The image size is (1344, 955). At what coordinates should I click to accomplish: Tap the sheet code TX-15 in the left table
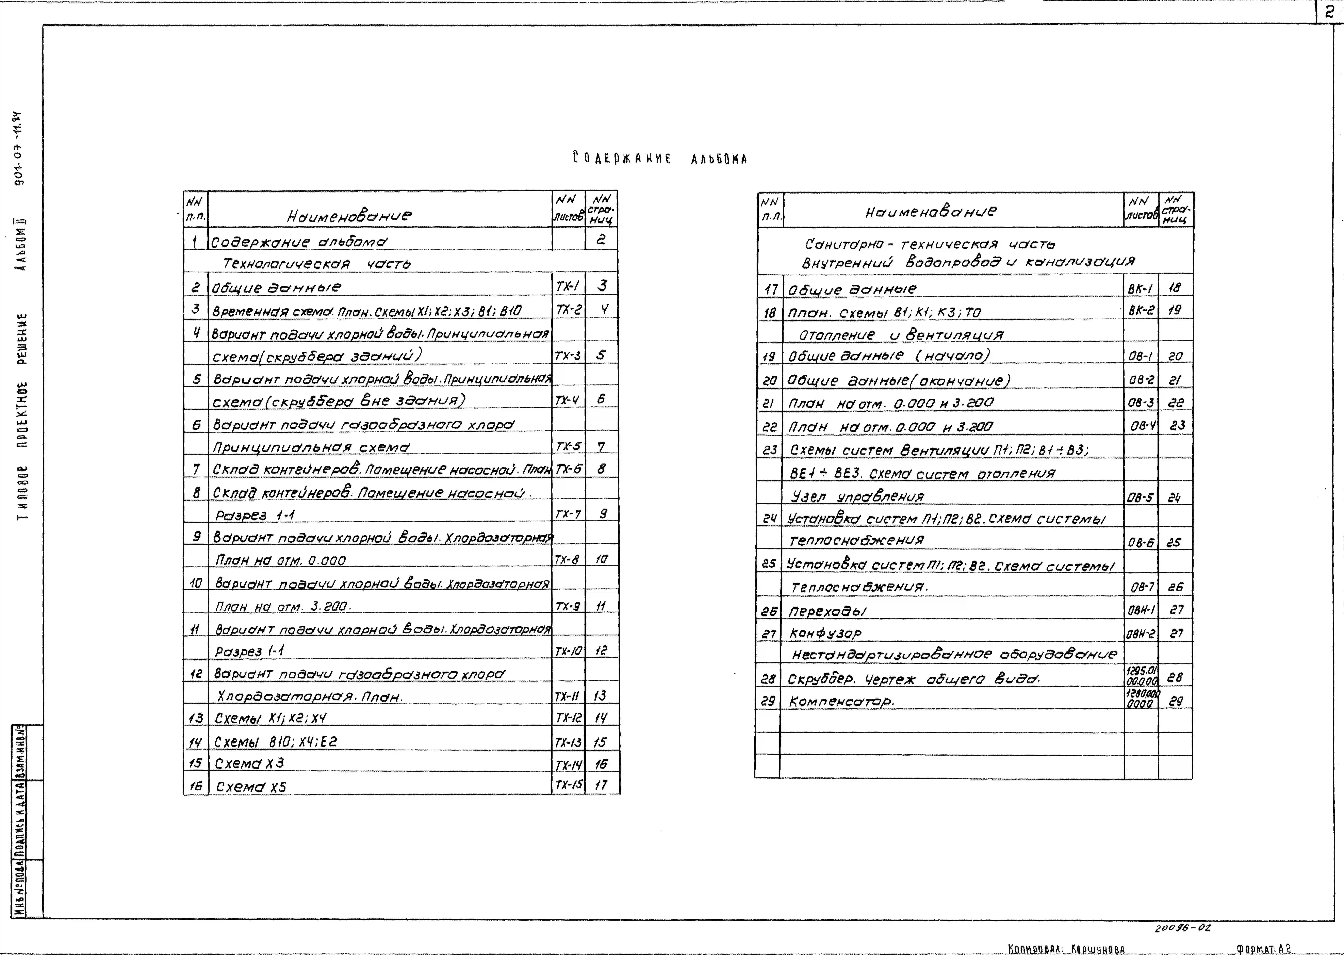tap(568, 785)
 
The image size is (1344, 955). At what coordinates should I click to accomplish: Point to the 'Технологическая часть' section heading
tap(316, 263)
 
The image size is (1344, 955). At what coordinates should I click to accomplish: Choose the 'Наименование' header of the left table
tap(349, 216)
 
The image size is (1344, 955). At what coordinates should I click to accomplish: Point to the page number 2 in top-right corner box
tap(1330, 12)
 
